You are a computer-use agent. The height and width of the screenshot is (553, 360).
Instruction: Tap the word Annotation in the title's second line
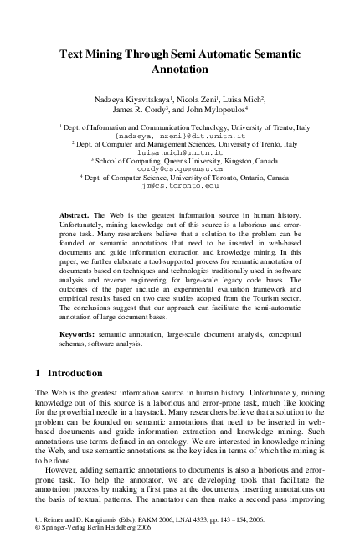[180, 70]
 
